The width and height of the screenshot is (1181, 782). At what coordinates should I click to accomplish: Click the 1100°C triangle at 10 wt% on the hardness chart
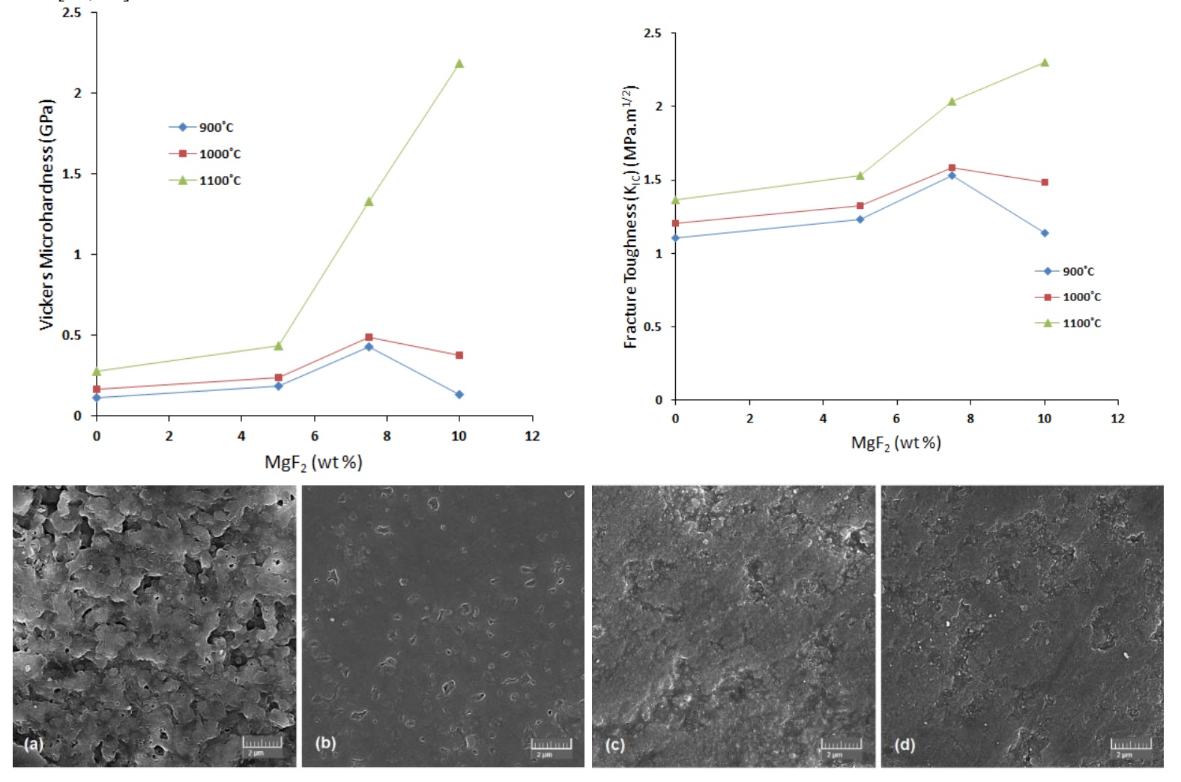tap(459, 64)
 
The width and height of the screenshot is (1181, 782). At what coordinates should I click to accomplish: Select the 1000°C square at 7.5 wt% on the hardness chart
tap(369, 337)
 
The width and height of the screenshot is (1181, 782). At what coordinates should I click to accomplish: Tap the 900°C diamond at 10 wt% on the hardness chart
tap(459, 394)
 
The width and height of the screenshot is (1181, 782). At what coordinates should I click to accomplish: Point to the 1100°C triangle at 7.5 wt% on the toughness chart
tap(952, 101)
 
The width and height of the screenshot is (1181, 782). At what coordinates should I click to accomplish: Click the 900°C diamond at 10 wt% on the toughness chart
tap(1045, 233)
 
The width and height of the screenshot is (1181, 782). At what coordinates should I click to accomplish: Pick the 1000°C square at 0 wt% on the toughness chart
tap(675, 223)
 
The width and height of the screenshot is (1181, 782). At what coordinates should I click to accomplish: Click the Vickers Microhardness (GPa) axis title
tap(46, 214)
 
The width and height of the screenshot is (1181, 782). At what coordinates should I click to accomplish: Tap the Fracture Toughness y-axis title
tap(631, 216)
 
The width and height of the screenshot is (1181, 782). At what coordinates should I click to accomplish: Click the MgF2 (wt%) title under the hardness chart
tap(313, 462)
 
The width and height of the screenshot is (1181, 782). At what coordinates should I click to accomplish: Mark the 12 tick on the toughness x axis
tap(1117, 419)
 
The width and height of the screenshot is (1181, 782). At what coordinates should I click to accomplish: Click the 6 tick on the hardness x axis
tap(314, 436)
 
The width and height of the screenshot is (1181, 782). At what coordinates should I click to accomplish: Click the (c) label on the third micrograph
tap(614, 745)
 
